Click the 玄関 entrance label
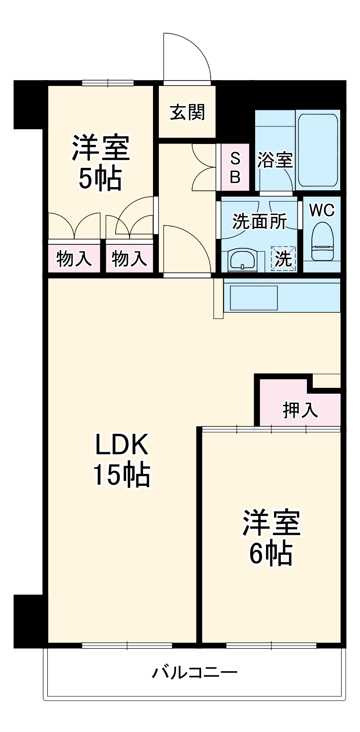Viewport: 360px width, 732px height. click(187, 112)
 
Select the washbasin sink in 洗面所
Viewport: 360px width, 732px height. click(242, 260)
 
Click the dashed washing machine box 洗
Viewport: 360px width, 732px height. click(283, 259)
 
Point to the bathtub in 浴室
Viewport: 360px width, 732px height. click(318, 151)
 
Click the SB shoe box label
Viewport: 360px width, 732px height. click(235, 167)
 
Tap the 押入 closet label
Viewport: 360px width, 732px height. click(300, 409)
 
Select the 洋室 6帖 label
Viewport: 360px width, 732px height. click(271, 537)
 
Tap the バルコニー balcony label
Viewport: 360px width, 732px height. click(194, 673)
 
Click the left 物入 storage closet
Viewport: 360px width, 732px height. click(74, 259)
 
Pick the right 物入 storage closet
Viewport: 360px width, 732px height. click(129, 259)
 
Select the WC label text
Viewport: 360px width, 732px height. click(322, 211)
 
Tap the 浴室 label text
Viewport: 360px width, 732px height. click(275, 160)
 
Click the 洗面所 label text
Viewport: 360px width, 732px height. click(259, 221)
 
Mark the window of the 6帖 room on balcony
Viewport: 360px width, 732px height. click(271, 646)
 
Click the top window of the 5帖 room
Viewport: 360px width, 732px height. click(108, 83)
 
